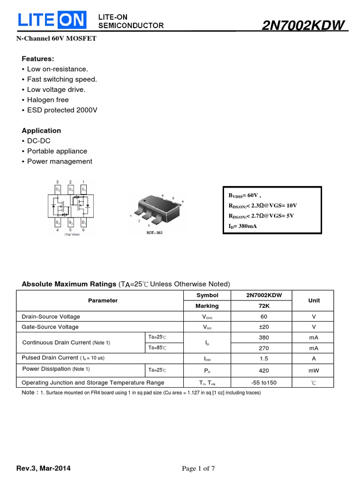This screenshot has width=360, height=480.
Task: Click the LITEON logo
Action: click(52, 20)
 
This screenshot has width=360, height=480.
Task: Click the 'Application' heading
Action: click(41, 131)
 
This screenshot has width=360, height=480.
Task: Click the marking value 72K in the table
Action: click(264, 306)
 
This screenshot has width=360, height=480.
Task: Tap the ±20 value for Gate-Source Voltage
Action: click(264, 327)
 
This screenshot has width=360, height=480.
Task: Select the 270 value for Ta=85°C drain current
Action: click(264, 348)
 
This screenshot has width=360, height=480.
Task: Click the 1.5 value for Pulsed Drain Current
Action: click(264, 359)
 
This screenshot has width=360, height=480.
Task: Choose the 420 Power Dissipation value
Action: click(264, 370)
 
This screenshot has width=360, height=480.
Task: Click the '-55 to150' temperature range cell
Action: click(264, 382)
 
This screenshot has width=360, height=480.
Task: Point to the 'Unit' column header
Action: click(314, 300)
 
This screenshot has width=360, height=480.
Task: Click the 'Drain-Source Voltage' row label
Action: click(51, 316)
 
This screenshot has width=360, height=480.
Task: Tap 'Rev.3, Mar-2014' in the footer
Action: click(44, 469)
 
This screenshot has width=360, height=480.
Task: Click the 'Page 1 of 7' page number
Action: click(198, 469)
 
